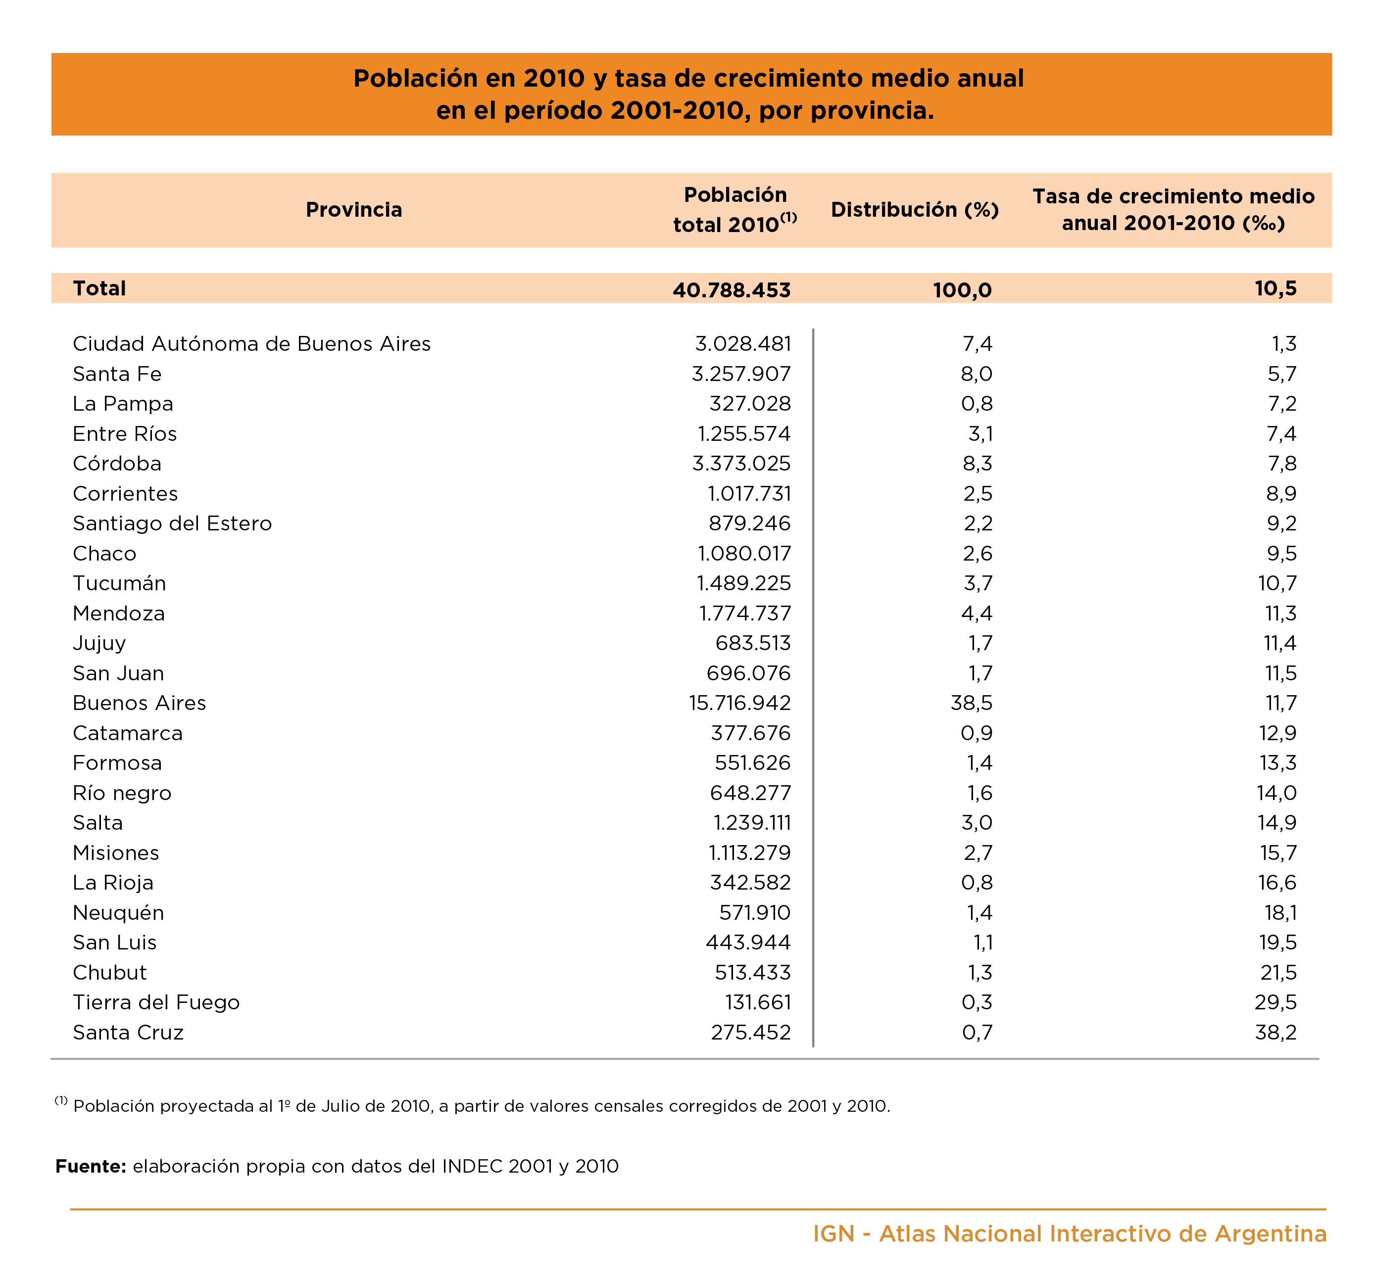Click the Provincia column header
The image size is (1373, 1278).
tap(353, 209)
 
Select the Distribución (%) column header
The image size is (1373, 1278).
tap(915, 210)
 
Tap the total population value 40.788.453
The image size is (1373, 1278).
tap(732, 290)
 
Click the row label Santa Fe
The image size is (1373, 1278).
tap(117, 374)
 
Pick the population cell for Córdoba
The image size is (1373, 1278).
tap(741, 463)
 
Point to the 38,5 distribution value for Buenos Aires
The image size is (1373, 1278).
tap(971, 703)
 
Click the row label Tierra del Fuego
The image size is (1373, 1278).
tap(156, 1002)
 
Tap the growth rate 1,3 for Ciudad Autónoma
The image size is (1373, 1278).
tap(1284, 343)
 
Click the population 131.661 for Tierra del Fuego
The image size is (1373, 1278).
tap(758, 1002)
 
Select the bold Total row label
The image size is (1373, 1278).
tap(99, 288)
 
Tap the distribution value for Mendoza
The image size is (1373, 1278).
tap(977, 613)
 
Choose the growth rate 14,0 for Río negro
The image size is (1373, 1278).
tap(1276, 793)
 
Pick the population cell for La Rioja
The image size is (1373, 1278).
tap(750, 882)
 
